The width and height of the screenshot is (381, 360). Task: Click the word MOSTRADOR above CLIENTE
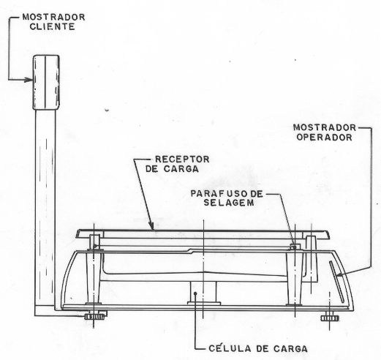tap(54, 17)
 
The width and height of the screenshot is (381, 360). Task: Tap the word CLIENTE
tap(52, 26)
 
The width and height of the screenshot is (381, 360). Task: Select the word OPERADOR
tap(324, 138)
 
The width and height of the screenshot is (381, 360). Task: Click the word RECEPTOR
tap(182, 160)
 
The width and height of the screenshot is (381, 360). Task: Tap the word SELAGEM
tap(229, 203)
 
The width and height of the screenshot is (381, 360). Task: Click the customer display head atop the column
tap(46, 82)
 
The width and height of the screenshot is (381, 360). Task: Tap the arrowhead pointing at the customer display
tap(29, 80)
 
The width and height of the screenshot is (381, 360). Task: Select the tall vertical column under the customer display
tap(45, 210)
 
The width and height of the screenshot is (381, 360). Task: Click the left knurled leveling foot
tap(94, 317)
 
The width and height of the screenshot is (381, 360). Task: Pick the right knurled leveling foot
tap(330, 318)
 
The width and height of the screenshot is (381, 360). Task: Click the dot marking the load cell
tap(195, 293)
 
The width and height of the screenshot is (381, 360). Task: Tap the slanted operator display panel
tap(336, 282)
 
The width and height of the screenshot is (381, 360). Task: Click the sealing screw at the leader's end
tap(294, 247)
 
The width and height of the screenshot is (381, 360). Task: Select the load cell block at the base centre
tap(203, 293)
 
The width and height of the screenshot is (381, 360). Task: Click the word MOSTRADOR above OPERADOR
tap(325, 127)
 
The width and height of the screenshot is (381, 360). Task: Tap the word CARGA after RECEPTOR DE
tap(181, 169)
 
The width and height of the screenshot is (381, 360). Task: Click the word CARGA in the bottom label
tap(290, 348)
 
